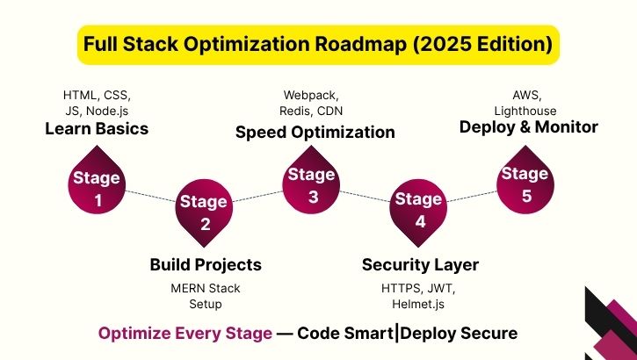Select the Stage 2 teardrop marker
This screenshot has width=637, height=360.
coord(204,212)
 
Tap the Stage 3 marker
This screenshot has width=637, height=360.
coord(313,184)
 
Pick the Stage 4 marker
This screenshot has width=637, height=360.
coord(419,210)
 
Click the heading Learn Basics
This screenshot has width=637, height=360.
coord(97,129)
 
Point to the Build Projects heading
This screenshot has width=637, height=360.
coord(206,264)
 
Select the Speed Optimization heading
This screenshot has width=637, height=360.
coord(315,133)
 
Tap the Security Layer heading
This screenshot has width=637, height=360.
coord(420,264)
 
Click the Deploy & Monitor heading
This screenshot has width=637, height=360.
coord(529,127)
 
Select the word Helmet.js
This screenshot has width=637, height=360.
coord(420,304)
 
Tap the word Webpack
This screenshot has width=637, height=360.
coord(313,95)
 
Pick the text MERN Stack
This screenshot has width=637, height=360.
coord(205,288)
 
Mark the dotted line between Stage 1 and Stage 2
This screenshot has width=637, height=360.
coord(150,197)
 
